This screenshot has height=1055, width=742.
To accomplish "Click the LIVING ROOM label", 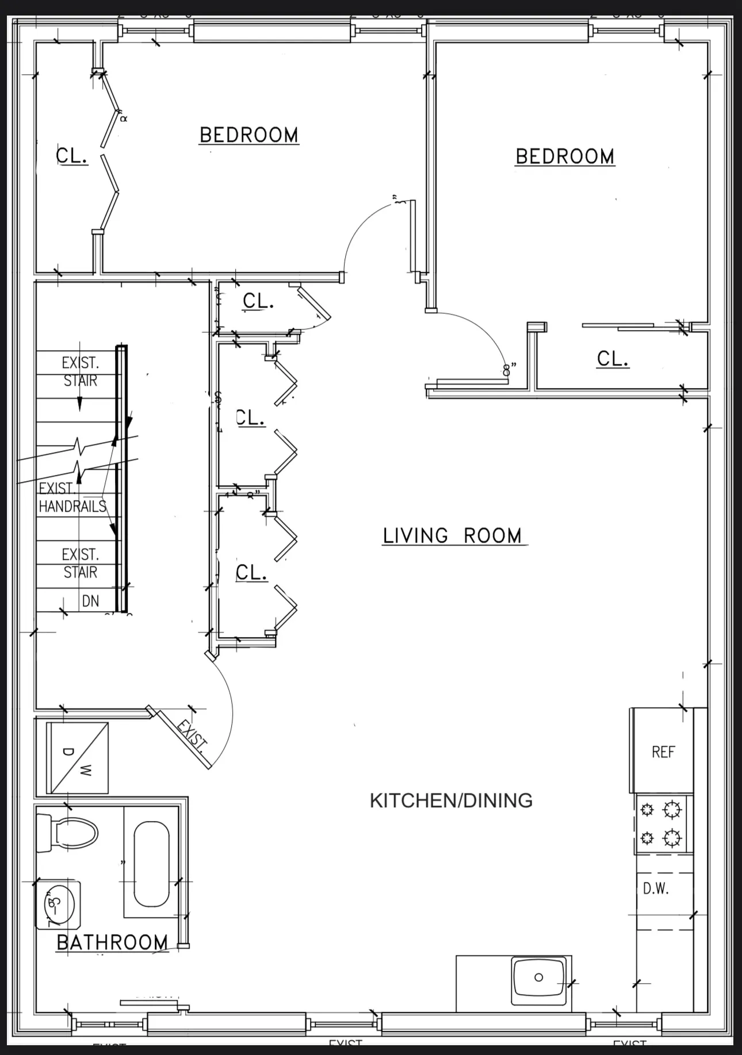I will pos(452,536).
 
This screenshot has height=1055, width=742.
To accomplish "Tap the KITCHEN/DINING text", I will pos(451,800).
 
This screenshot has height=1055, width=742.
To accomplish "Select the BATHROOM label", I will pos(113,943).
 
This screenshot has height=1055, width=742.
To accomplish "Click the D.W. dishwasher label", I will pos(656,889).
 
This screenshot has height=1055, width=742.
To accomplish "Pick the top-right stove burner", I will pos(672,810).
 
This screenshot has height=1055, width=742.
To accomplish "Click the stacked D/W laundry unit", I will pos(77,758).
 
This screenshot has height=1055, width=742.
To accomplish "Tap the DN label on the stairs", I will pos(91,601).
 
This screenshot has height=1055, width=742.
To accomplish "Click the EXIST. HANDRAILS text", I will pos(72,498).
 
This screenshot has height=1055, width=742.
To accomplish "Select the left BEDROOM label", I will pos(249,136).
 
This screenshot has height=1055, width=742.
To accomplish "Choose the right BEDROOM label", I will pos(565,157).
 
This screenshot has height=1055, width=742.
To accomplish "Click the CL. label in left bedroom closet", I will pos(72,156).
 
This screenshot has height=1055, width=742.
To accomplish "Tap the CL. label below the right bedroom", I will pos(613,359).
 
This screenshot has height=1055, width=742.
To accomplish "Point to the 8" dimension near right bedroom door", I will pos(507,369).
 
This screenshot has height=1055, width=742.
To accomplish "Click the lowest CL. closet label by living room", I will pos(251,572).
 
